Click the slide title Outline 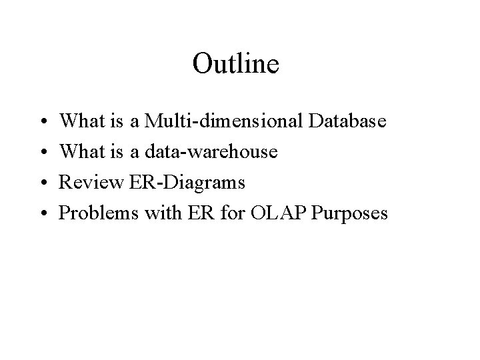[235, 65]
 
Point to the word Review [84, 183]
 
